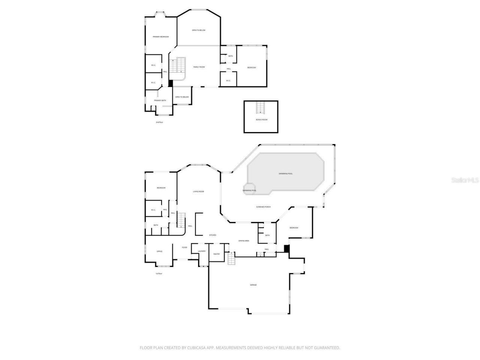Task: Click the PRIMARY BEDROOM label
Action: [160, 37]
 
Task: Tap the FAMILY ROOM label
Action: [199, 67]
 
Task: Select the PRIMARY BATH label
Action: [160, 100]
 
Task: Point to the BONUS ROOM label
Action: [262, 120]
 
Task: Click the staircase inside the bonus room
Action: [261, 108]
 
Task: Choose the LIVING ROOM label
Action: [198, 192]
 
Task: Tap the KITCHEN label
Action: [213, 235]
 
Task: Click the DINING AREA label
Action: [244, 241]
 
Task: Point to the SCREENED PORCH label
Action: [263, 207]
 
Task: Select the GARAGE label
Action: [253, 285]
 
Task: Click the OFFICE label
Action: [159, 251]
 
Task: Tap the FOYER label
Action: [184, 247]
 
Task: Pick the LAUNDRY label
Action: [202, 251]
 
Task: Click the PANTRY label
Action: [216, 254]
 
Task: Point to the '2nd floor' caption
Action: [159, 122]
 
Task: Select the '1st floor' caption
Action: [159, 273]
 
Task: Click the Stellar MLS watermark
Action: [465, 180]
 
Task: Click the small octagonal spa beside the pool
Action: [249, 188]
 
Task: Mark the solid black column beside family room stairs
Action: [171, 84]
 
